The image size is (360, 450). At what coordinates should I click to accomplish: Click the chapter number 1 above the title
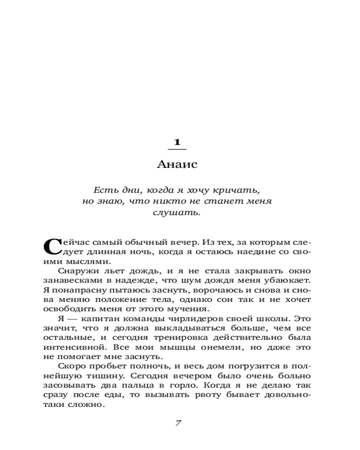(177, 142)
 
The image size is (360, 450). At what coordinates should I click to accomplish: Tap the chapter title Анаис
(177, 165)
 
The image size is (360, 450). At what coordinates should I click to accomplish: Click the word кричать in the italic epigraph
(239, 189)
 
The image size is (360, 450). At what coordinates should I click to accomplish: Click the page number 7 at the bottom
(177, 423)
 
